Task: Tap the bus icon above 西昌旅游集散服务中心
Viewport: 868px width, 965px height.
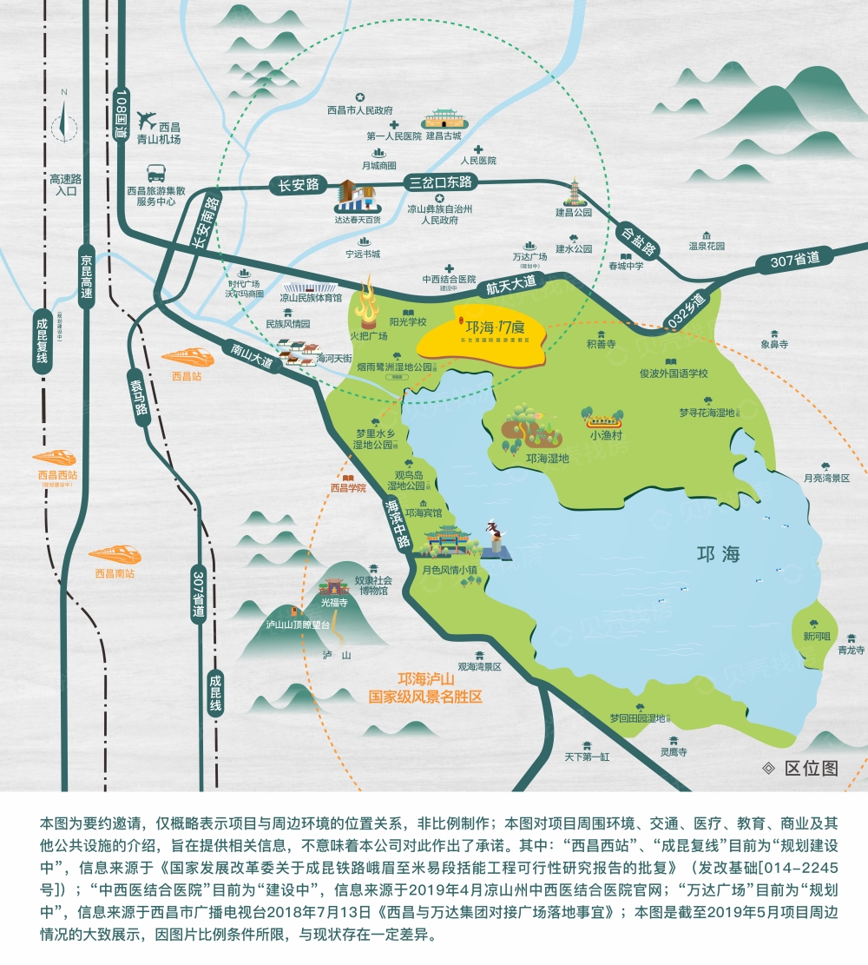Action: point(156,174)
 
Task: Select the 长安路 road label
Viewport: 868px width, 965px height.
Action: point(294,184)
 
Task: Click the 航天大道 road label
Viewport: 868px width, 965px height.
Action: point(511,284)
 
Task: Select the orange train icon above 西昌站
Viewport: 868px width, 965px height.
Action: point(187,357)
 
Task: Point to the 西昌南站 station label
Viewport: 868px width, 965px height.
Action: point(115,573)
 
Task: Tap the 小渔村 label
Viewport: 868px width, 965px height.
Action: point(605,437)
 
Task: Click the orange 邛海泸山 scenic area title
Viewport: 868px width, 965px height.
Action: point(425,687)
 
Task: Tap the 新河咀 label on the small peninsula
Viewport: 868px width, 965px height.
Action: point(817,636)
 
